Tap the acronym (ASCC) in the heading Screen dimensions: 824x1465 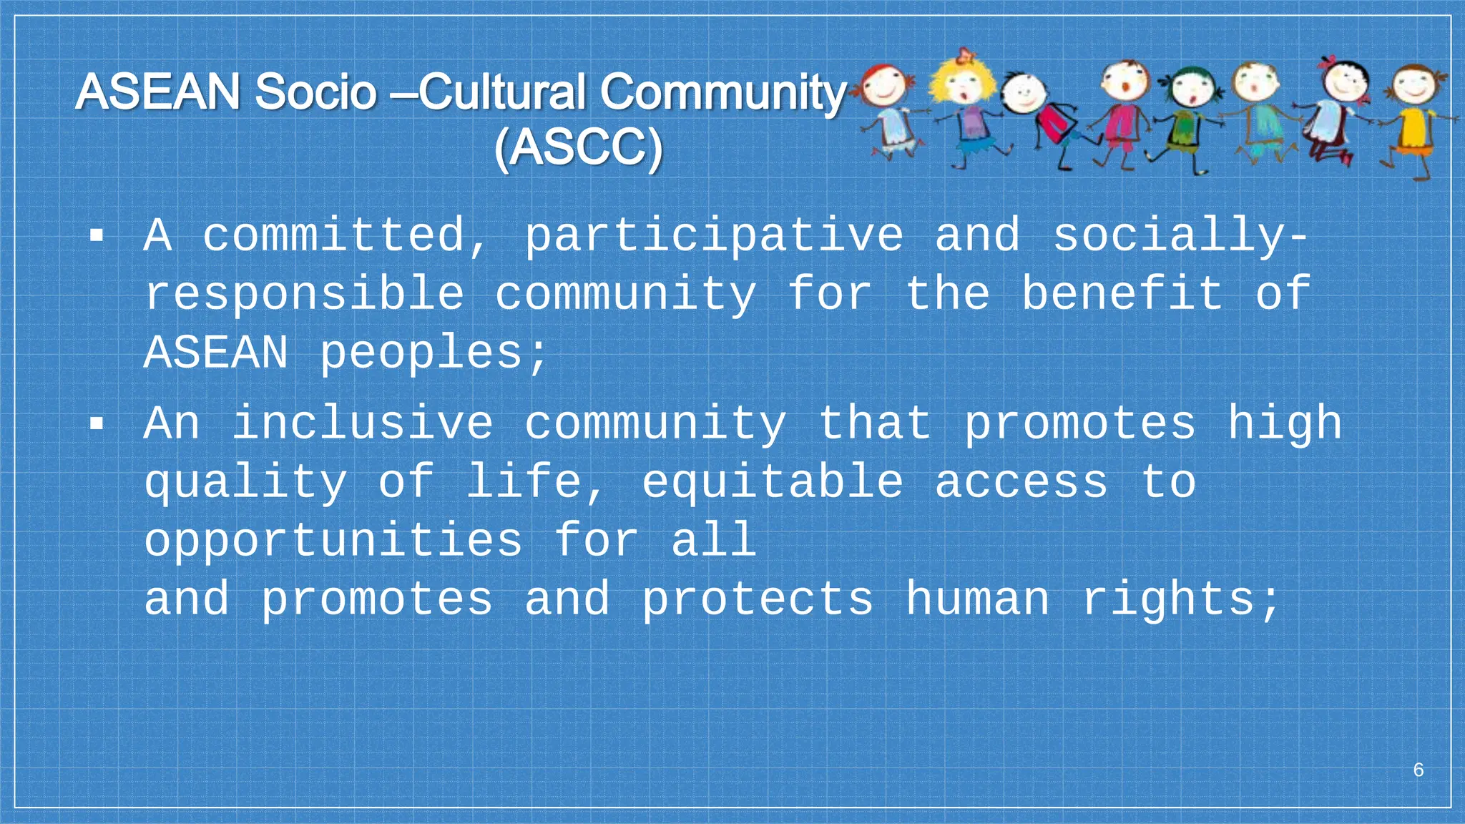pos(578,149)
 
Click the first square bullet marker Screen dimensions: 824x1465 pos(97,236)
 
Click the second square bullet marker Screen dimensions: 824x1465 pos(97,423)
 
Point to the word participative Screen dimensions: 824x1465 pos(714,236)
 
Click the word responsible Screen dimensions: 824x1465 pos(304,295)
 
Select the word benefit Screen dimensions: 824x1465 pos(1122,293)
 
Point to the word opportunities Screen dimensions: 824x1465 pos(333,541)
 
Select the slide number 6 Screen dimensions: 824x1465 pos(1419,770)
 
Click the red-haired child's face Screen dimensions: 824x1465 pos(886,84)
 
